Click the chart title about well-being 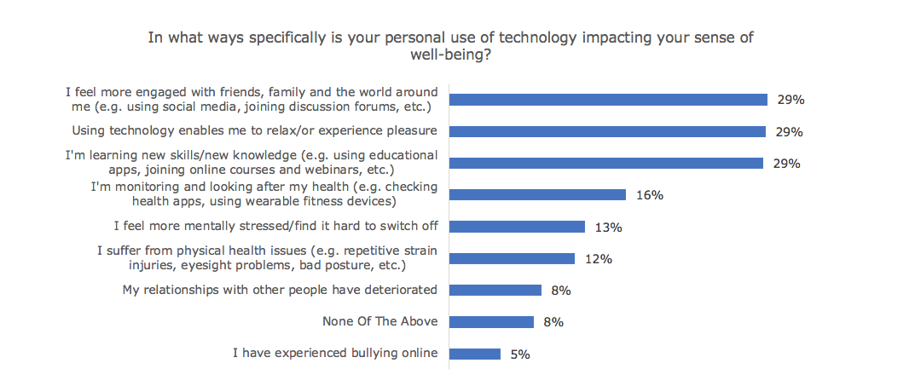tap(450, 45)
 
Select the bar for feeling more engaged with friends tap(608, 100)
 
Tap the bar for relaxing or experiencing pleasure tap(607, 131)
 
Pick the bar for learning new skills tap(605, 163)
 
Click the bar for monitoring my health tap(537, 195)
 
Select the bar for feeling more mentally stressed tap(517, 227)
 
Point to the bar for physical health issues tap(512, 258)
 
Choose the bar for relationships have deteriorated tap(495, 290)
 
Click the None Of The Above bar tap(491, 322)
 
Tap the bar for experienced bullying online tap(474, 354)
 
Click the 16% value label tap(650, 195)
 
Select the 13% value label tap(608, 228)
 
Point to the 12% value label tap(599, 259)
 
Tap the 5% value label tap(520, 355)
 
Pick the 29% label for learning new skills tap(786, 164)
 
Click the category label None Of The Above tap(379, 322)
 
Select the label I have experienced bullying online tap(335, 354)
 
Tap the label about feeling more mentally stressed tap(275, 227)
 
